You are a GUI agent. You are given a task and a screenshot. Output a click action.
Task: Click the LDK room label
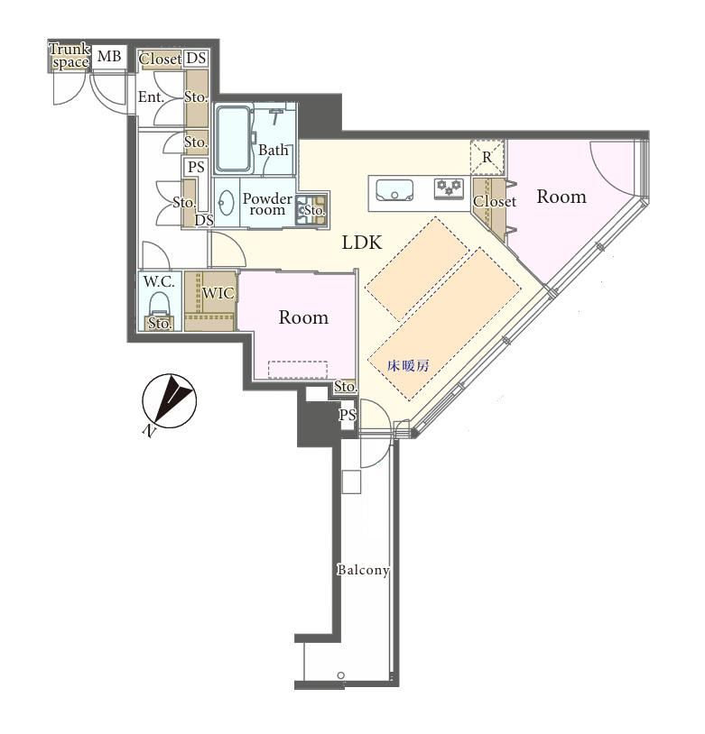pyautogui.click(x=362, y=243)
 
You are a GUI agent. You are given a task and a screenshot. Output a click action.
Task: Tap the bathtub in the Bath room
pyautogui.click(x=234, y=139)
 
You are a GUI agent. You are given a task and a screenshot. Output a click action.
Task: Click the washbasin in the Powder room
pyautogui.click(x=227, y=203)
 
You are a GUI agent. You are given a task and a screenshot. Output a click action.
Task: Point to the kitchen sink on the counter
pyautogui.click(x=394, y=190)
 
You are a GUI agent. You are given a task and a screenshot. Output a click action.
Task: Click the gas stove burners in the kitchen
pyautogui.click(x=449, y=188)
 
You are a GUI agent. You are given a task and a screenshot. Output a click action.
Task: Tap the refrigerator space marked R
pyautogui.click(x=487, y=157)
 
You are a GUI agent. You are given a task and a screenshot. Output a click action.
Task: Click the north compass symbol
pyautogui.click(x=169, y=401)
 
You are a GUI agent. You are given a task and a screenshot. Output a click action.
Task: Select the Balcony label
pyautogui.click(x=363, y=570)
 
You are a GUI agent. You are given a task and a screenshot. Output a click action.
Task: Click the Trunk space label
pyautogui.click(x=70, y=56)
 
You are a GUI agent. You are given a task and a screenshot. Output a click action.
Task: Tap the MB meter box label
pyautogui.click(x=109, y=56)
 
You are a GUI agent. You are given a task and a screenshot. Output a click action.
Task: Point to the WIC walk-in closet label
pyautogui.click(x=218, y=293)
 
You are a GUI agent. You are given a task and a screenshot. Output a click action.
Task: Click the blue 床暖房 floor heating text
pyautogui.click(x=408, y=365)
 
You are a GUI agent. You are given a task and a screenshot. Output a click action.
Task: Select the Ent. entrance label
pyautogui.click(x=151, y=97)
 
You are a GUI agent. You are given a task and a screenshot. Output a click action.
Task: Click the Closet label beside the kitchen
pyautogui.click(x=495, y=201)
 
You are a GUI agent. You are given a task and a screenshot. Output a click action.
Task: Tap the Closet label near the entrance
pyautogui.click(x=161, y=59)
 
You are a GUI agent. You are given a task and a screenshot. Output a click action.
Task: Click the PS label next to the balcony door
pyautogui.click(x=348, y=415)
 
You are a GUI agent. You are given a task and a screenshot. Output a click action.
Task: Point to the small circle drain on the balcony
pyautogui.click(x=341, y=675)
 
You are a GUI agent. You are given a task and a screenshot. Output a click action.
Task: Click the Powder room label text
pyautogui.click(x=267, y=204)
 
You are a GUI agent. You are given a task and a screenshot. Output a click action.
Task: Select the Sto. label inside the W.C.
pyautogui.click(x=160, y=323)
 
